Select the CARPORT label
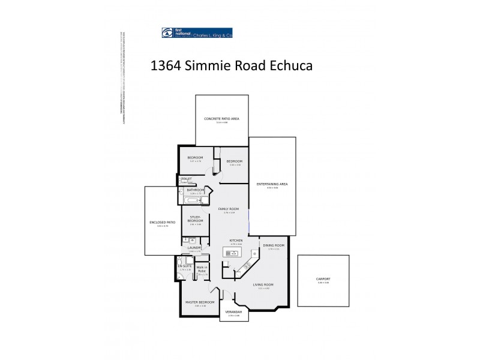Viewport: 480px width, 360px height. click(x=323, y=280)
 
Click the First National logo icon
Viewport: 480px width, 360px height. click(x=166, y=33)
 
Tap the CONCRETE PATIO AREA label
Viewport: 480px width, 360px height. click(x=222, y=119)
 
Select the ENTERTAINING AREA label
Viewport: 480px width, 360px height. click(x=272, y=184)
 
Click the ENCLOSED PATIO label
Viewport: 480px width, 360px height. click(x=162, y=223)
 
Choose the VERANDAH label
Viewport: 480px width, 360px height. click(x=234, y=312)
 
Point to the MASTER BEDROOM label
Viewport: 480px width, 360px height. click(x=200, y=302)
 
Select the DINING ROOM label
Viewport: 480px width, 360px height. click(x=274, y=245)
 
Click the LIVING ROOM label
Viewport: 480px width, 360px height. click(x=264, y=284)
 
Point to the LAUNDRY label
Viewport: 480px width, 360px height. click(x=194, y=247)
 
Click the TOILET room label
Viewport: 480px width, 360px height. click(x=186, y=179)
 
